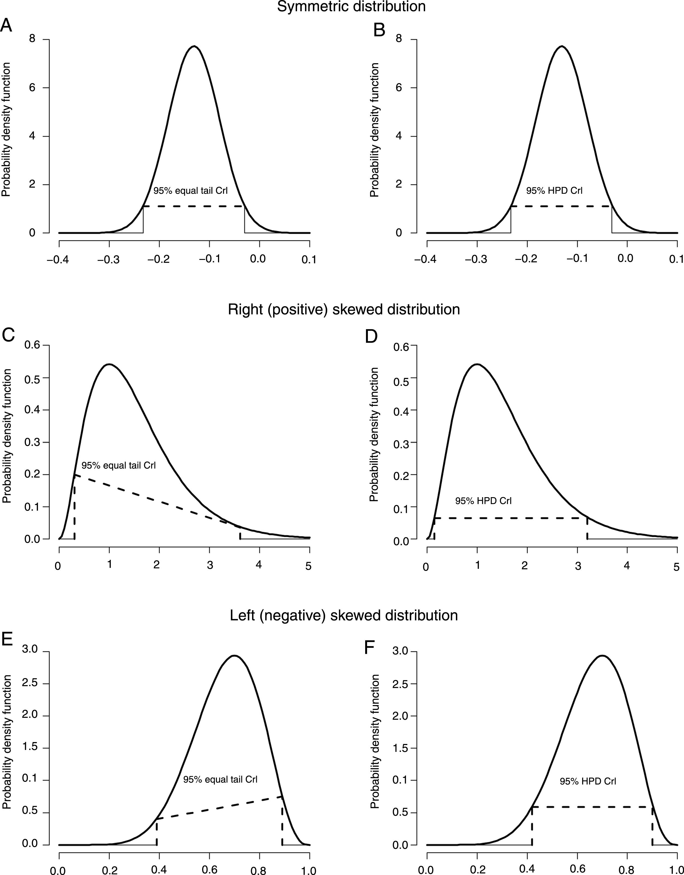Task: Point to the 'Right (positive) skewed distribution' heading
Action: pos(344,310)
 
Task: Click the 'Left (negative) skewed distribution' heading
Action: pos(344,615)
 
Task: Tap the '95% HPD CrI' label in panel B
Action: pos(554,191)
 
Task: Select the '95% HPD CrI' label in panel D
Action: pos(483,501)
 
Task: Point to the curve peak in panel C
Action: pos(109,364)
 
